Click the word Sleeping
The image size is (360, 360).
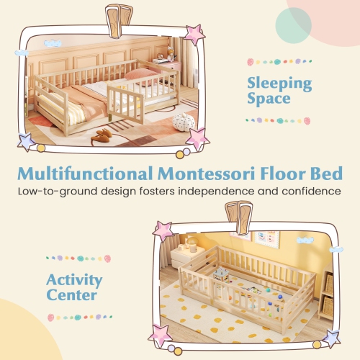[280, 83]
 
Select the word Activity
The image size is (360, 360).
[73, 279]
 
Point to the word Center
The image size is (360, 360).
[72, 296]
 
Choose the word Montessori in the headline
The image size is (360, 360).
[222, 174]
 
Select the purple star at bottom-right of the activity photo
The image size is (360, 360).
[332, 336]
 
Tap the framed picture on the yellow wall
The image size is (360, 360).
[264, 236]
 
